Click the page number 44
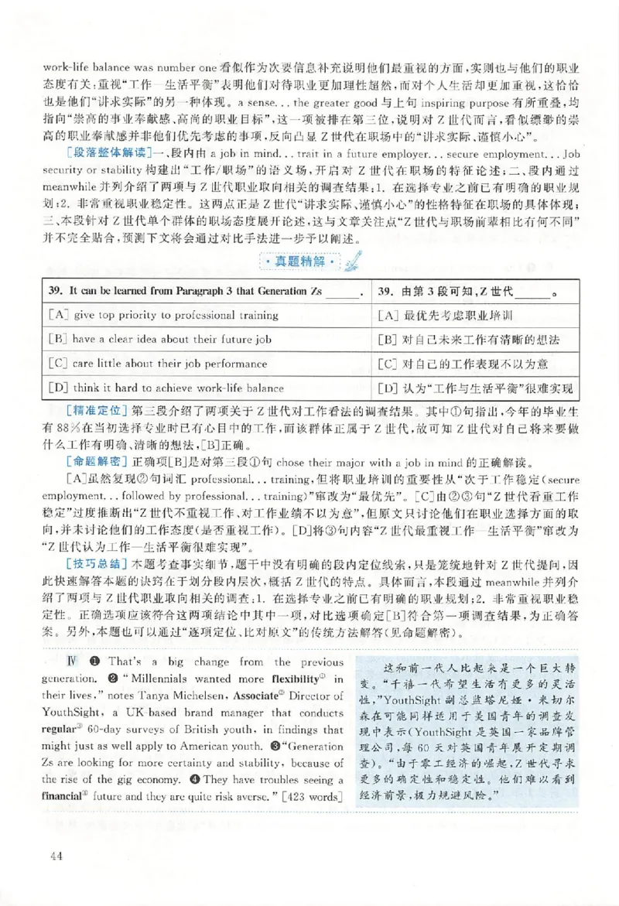click(x=55, y=855)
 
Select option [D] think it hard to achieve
click(x=166, y=388)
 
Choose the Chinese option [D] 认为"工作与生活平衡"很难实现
click(x=477, y=388)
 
